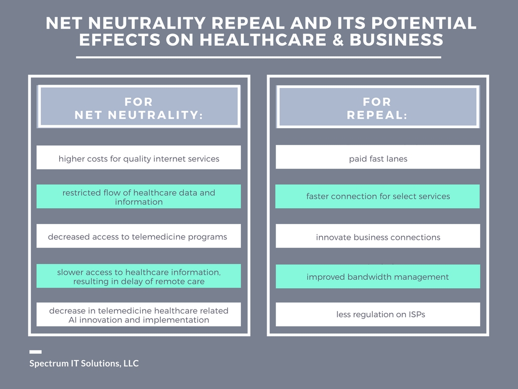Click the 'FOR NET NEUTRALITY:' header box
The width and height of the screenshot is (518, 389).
tap(139, 106)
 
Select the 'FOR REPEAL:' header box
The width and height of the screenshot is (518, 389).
tap(378, 106)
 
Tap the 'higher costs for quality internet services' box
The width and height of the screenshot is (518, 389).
tap(139, 158)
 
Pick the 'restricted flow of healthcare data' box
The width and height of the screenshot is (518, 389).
tap(139, 197)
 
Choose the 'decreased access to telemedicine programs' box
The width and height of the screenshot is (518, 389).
tap(139, 236)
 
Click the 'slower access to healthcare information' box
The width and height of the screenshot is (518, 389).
tap(139, 276)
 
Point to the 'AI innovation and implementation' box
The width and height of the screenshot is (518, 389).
tap(139, 315)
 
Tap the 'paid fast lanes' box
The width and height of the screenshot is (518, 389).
tap(378, 157)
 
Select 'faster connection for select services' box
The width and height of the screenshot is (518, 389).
tap(377, 197)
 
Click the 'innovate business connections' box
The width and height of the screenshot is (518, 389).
tap(378, 236)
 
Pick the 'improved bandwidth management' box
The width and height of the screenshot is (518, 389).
tap(378, 277)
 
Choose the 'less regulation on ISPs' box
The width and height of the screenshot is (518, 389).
tap(378, 315)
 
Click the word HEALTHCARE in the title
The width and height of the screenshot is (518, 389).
tap(263, 40)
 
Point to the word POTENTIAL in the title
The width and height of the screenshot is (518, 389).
tap(424, 23)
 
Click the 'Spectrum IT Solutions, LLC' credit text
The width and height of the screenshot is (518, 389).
tap(84, 364)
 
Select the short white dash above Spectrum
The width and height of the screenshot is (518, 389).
tap(35, 352)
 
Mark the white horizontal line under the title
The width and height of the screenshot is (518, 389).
tap(258, 57)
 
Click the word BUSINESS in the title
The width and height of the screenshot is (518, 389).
tap(397, 40)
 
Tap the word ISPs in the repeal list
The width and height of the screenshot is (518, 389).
tap(417, 315)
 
